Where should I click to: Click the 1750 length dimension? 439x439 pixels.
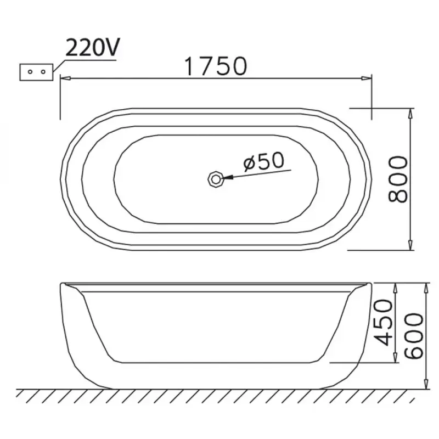click(216, 66)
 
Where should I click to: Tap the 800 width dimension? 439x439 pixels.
click(398, 179)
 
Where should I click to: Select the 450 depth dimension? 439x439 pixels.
click(384, 323)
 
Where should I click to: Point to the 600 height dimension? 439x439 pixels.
click(414, 336)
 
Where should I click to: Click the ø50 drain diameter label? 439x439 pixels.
click(263, 161)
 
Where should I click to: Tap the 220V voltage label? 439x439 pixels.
click(92, 47)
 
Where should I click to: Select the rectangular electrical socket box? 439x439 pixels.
click(36, 72)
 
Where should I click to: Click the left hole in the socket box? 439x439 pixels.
click(30, 72)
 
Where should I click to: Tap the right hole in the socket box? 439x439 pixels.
click(43, 72)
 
